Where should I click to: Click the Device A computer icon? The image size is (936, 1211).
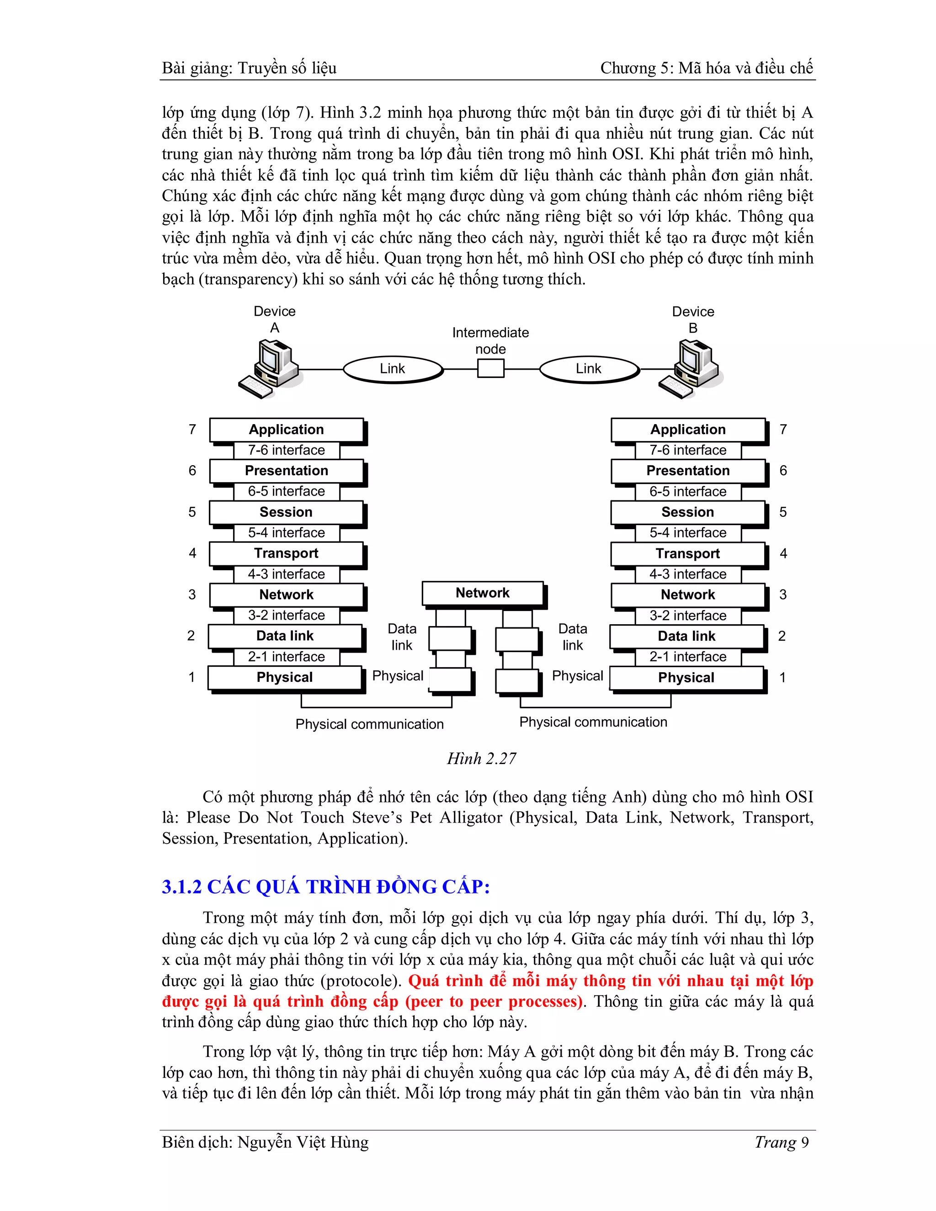click(271, 369)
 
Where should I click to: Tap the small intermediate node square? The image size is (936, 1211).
click(491, 368)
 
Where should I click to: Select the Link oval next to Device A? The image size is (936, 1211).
click(393, 369)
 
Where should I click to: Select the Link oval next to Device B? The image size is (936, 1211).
click(588, 369)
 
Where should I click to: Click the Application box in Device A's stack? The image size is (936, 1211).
click(286, 430)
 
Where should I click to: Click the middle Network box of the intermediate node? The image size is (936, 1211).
click(483, 593)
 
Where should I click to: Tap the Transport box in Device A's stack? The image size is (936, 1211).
click(286, 553)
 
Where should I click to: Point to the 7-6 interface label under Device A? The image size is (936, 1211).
click(286, 450)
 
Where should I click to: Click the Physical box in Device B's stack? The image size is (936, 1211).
click(686, 678)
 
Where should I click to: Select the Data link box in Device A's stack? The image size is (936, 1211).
click(285, 636)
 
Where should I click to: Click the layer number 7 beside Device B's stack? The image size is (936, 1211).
click(783, 430)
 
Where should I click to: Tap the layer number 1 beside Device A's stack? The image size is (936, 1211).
click(192, 677)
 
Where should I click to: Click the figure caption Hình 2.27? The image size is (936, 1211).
click(481, 759)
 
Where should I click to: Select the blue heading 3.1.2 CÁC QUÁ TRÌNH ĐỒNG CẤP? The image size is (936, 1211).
click(325, 887)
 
